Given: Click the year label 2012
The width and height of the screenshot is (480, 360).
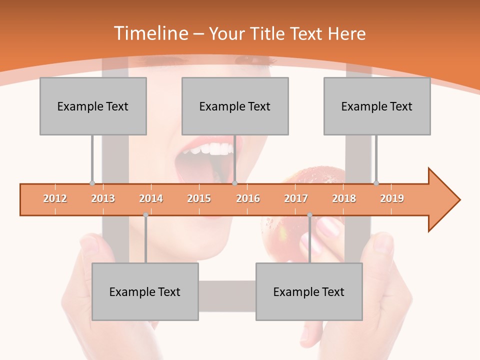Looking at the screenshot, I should [x=55, y=198].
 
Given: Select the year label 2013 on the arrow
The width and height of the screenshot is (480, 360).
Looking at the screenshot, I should [x=103, y=198].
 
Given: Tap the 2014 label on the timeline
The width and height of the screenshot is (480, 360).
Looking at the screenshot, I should [x=151, y=198].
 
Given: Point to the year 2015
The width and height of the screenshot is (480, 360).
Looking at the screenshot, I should [x=199, y=198].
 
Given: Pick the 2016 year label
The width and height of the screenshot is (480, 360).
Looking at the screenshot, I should [x=248, y=198].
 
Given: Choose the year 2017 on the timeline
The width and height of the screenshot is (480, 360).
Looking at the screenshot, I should [x=296, y=198].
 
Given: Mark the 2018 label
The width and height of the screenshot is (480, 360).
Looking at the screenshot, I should [x=344, y=198].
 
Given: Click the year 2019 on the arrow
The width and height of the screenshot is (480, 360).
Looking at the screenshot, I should [x=392, y=198].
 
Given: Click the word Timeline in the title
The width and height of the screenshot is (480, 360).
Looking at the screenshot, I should [x=151, y=33].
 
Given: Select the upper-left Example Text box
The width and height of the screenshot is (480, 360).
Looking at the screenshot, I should [x=93, y=106].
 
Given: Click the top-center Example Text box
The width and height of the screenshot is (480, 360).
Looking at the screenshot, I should [x=235, y=106].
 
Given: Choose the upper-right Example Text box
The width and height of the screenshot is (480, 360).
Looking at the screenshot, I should [x=377, y=106].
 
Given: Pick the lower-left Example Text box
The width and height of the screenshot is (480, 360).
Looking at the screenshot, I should [x=145, y=291].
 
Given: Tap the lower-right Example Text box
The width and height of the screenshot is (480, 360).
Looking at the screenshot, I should [x=309, y=291].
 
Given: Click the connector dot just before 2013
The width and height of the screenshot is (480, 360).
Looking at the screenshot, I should [x=92, y=183].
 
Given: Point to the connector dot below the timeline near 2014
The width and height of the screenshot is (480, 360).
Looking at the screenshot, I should [x=145, y=215].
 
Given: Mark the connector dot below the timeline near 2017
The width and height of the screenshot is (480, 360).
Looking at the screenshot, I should [x=309, y=215].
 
